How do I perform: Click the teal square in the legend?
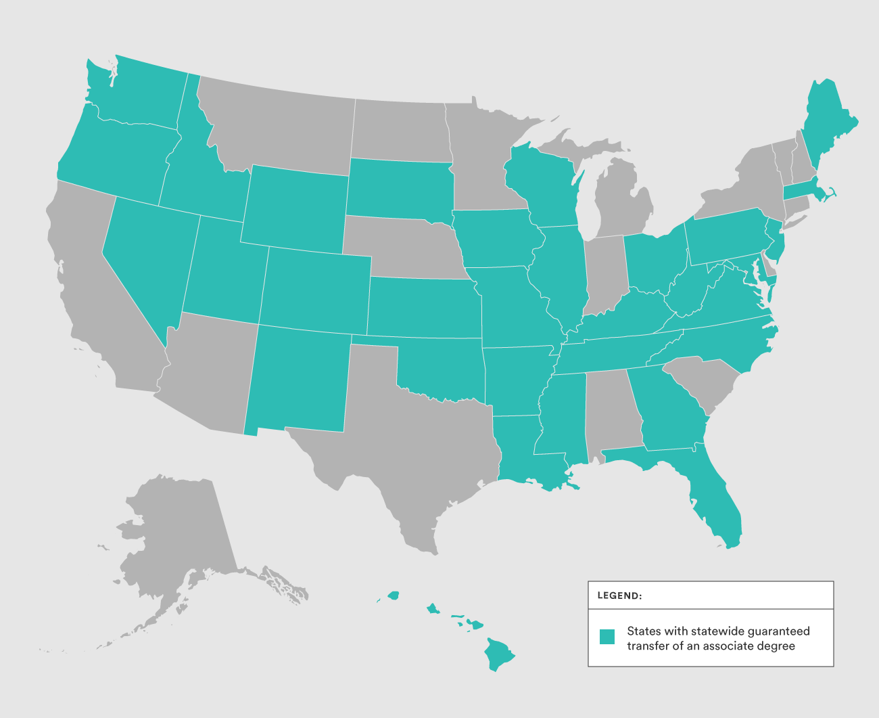tap(607, 637)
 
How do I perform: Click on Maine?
tap(828, 122)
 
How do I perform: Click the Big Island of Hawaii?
tap(499, 654)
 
